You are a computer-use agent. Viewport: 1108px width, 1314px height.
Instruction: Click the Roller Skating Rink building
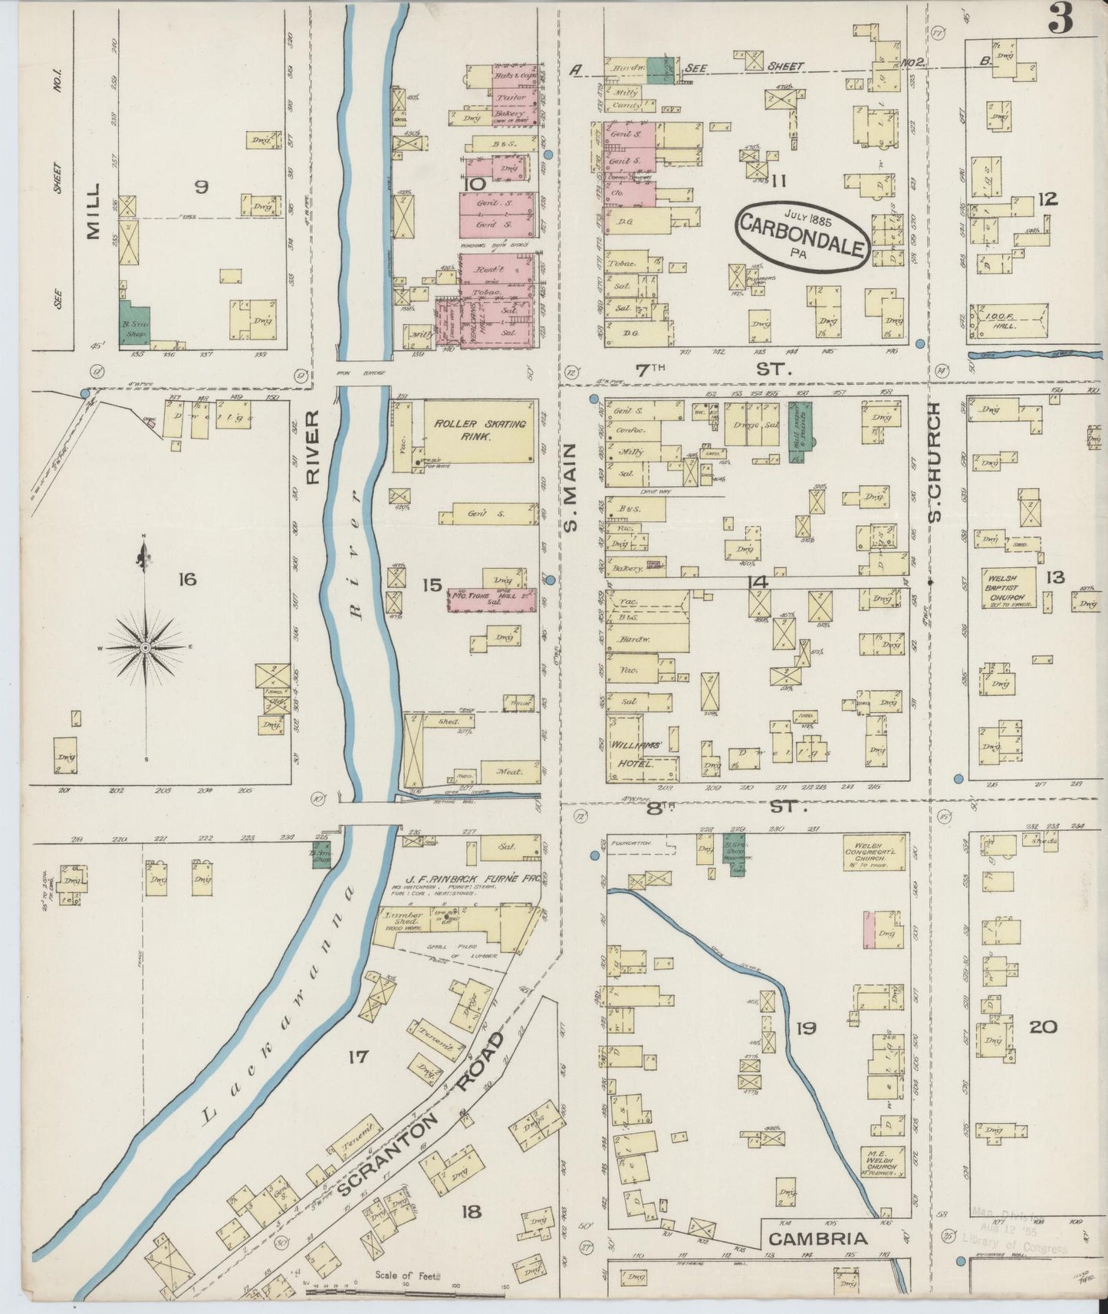click(479, 431)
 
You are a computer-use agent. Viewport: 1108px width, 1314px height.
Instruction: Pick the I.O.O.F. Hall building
click(1008, 321)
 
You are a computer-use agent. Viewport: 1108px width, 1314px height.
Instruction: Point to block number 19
click(805, 1028)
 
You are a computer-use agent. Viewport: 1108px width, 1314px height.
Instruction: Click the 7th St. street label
click(709, 370)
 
